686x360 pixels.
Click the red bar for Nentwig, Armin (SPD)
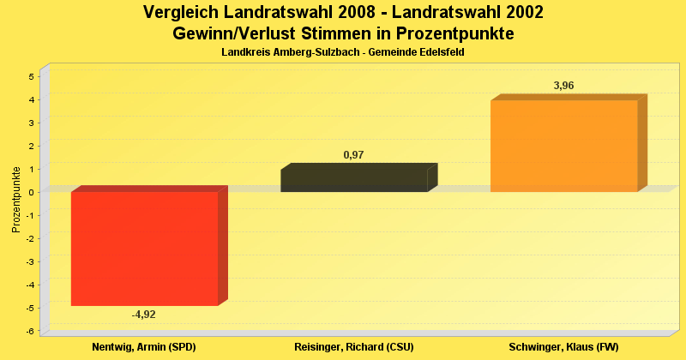[x=144, y=248]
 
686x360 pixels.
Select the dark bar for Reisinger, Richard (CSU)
[x=353, y=180]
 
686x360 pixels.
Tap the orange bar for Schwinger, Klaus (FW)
[x=563, y=146]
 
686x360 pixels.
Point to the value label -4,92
[x=144, y=315]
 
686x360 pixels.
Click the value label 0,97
[x=353, y=154]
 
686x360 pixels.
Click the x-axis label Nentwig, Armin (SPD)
[x=144, y=347]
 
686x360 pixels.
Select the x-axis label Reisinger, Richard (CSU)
[x=353, y=347]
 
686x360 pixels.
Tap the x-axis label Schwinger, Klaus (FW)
[x=563, y=347]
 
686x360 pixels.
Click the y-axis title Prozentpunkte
[x=15, y=200]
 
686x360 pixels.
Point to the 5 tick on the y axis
[x=31, y=76]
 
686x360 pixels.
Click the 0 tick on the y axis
[x=31, y=192]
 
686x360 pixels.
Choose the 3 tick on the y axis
[x=31, y=123]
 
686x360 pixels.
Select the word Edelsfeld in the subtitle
[x=441, y=53]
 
